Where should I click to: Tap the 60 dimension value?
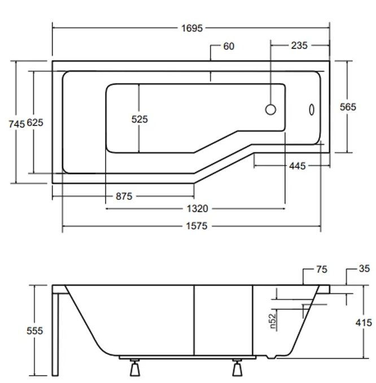click(x=229, y=46)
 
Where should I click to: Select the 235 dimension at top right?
click(x=299, y=46)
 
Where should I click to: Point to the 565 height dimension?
click(x=348, y=107)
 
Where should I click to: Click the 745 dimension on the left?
click(x=17, y=123)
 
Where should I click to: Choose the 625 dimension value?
click(x=35, y=123)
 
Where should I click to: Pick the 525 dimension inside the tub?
click(x=139, y=119)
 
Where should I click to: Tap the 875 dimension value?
click(x=123, y=196)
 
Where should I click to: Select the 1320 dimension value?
click(x=196, y=209)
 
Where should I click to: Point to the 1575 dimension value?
click(x=196, y=226)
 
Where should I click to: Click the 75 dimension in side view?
click(x=321, y=270)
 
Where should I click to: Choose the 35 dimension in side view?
click(x=364, y=269)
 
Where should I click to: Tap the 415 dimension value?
click(x=364, y=323)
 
